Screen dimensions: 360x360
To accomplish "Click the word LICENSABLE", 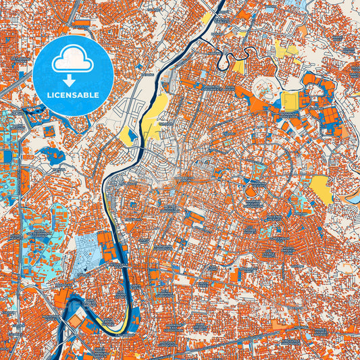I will (74, 95).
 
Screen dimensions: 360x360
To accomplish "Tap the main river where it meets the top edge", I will (221, 3).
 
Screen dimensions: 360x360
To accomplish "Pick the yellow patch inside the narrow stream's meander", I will (238, 67).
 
